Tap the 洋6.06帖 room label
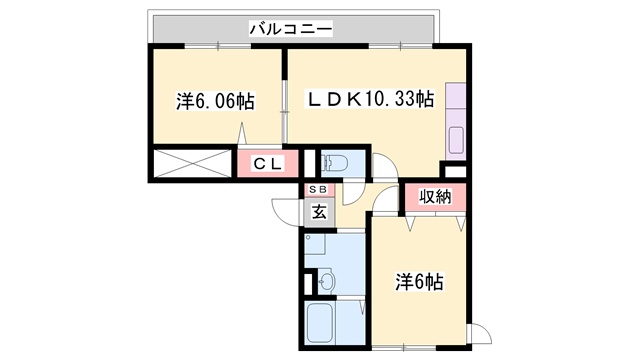click(215, 101)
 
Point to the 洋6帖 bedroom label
click(419, 282)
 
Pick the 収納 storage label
click(436, 197)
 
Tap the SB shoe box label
click(317, 190)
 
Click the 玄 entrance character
click(318, 211)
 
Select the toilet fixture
click(335, 162)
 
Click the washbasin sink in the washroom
click(327, 281)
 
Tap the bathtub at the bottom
click(322, 326)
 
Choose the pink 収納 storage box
click(436, 197)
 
